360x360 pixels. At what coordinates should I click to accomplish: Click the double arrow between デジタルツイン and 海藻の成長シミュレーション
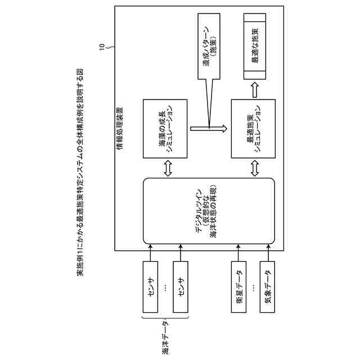pyautogui.click(x=167, y=168)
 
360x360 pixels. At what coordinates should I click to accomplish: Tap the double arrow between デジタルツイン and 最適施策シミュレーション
pyautogui.click(x=254, y=168)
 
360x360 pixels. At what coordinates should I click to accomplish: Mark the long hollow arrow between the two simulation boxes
pyautogui.click(x=209, y=129)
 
